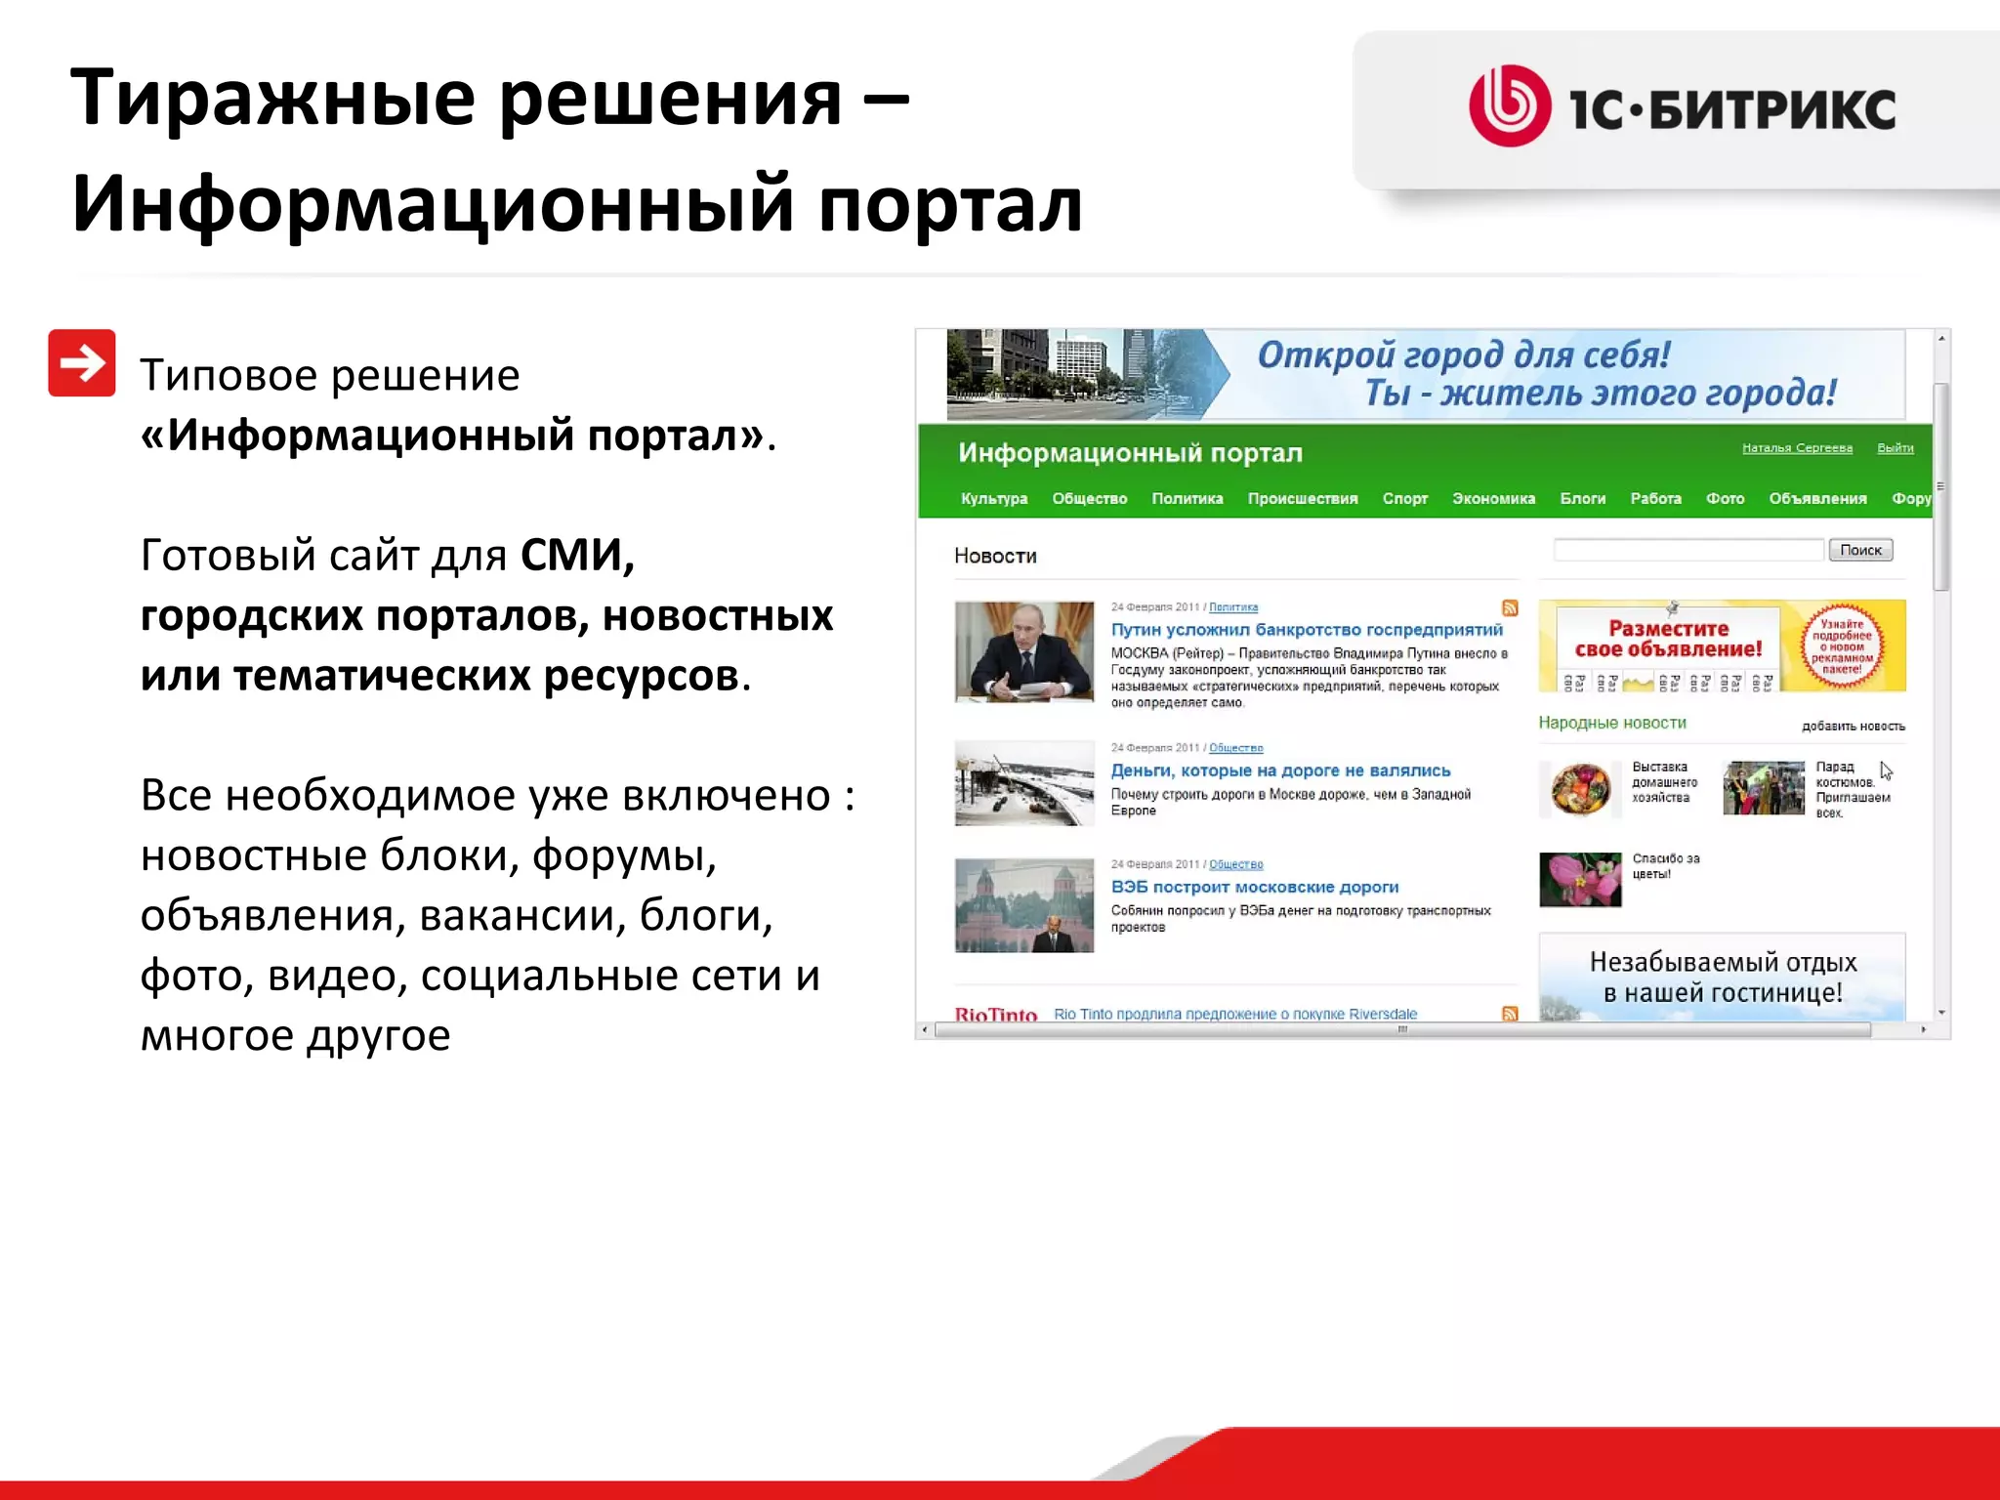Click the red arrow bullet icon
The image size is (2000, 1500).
tap(82, 363)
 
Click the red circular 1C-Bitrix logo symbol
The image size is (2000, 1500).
tap(1509, 106)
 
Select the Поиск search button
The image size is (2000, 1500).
tap(1859, 550)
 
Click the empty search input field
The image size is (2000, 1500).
tap(1687, 550)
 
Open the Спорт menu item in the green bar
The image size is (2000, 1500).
tap(1404, 498)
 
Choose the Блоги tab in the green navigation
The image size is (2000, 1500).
tap(1582, 498)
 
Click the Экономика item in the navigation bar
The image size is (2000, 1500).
tap(1492, 498)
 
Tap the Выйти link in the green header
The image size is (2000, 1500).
tap(1895, 448)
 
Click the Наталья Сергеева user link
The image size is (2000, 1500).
tap(1797, 448)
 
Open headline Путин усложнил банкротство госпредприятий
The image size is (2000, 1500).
tap(1306, 630)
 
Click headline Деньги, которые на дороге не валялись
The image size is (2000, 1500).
tap(1279, 771)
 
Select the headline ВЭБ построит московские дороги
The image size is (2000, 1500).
tap(1254, 887)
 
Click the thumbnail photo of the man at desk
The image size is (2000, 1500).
tap(1023, 651)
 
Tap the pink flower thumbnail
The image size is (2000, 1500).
tap(1579, 879)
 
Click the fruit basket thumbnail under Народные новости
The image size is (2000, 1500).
tap(1579, 789)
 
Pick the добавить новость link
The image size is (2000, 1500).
tap(1853, 726)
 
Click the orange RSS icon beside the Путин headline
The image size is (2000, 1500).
tap(1510, 608)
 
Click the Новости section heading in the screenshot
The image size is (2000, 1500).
tap(994, 556)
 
